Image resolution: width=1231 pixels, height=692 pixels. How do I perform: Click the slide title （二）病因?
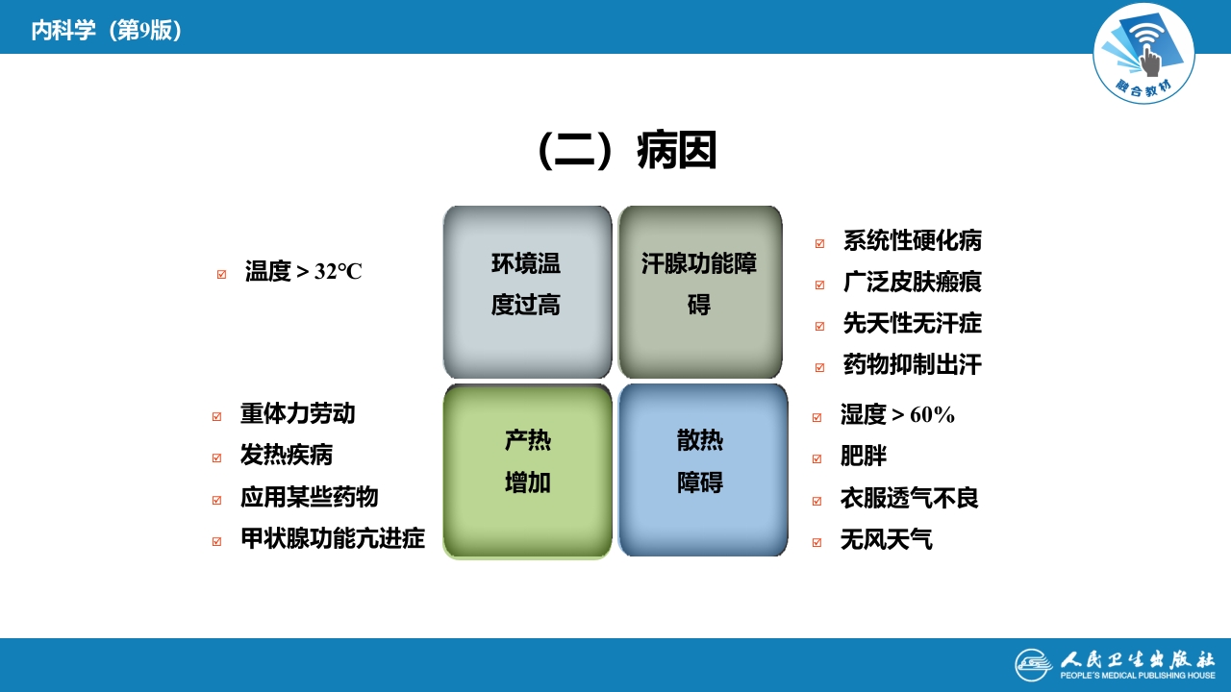627,151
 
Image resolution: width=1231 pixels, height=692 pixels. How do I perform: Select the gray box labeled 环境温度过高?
527,291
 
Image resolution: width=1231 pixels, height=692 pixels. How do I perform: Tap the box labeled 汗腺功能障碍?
700,291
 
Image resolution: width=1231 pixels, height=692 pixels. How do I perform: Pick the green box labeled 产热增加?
527,470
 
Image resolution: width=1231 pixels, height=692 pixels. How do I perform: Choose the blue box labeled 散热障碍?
702,470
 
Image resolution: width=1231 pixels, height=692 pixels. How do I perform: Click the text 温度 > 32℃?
303,272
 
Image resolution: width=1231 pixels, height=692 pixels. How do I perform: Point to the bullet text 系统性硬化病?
912,241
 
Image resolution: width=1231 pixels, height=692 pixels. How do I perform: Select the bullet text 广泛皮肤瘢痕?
912,283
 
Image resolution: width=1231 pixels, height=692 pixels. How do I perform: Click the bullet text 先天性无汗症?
912,324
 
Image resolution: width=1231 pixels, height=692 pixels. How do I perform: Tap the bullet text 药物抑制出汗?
912,365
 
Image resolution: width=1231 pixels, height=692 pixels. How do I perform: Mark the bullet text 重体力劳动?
297,414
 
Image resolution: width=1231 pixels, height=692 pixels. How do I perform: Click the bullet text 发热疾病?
286,456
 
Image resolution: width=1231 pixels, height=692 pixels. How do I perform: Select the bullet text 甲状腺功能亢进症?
332,538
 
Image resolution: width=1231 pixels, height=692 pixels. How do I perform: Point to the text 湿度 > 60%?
896,415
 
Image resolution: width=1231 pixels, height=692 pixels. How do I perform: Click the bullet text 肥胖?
863,457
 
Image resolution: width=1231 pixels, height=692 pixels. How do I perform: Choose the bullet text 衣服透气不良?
909,499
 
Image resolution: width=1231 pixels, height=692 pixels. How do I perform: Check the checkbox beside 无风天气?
817,542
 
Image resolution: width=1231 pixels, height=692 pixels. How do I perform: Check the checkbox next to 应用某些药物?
217,500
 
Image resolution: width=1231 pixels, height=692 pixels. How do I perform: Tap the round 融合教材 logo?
1143,54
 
